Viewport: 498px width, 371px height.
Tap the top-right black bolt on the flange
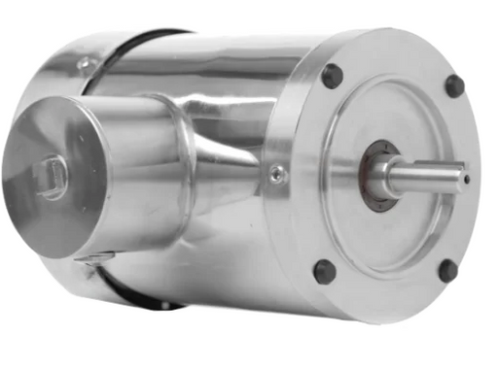454,85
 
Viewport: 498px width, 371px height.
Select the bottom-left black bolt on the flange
324,271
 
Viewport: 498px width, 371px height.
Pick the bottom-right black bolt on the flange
447,270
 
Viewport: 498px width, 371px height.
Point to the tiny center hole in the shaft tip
469,179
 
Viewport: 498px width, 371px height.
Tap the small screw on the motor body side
277,174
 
